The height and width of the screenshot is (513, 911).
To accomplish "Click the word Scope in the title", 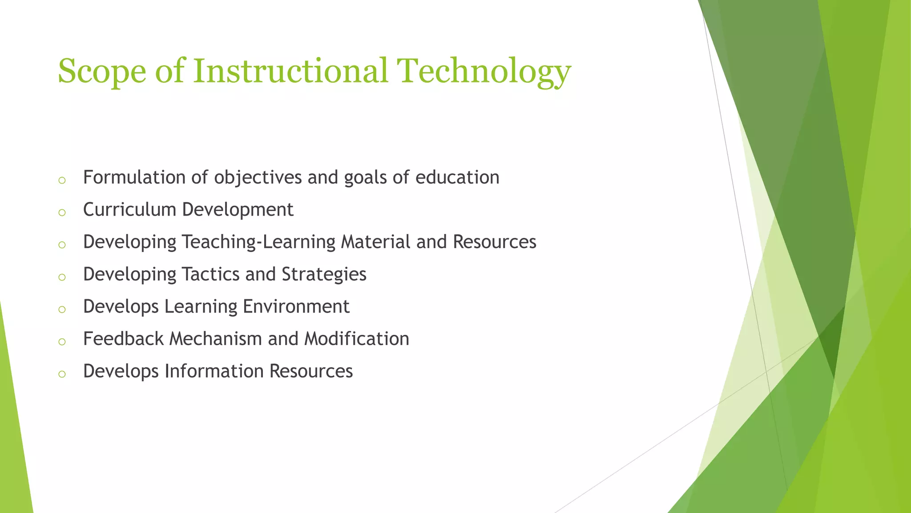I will [102, 71].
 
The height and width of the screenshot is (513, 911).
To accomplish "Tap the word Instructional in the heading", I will [290, 71].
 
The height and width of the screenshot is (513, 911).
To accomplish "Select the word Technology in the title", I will [484, 71].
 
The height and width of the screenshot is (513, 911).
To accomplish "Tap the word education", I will [457, 177].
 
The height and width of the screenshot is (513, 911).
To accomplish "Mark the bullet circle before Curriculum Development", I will [62, 212].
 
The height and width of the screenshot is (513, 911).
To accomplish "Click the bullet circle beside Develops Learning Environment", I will [62, 309].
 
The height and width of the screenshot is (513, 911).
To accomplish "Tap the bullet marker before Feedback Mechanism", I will [62, 342].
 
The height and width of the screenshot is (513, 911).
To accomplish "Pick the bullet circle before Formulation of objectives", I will [62, 180].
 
